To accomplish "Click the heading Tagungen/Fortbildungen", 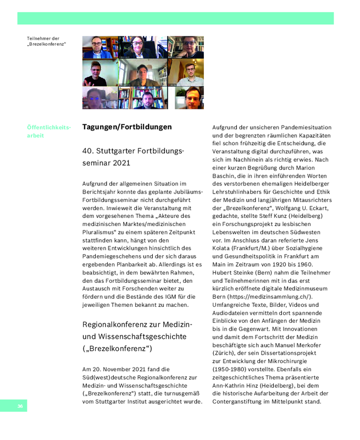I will click(x=127, y=127).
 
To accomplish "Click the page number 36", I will click(x=20, y=406).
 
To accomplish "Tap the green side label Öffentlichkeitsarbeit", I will click(x=48, y=131).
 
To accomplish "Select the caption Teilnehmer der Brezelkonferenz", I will click(x=46, y=41).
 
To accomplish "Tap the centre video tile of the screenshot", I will click(x=143, y=73).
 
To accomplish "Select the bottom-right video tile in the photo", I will click(x=190, y=98).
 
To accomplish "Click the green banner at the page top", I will click(x=175, y=18).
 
